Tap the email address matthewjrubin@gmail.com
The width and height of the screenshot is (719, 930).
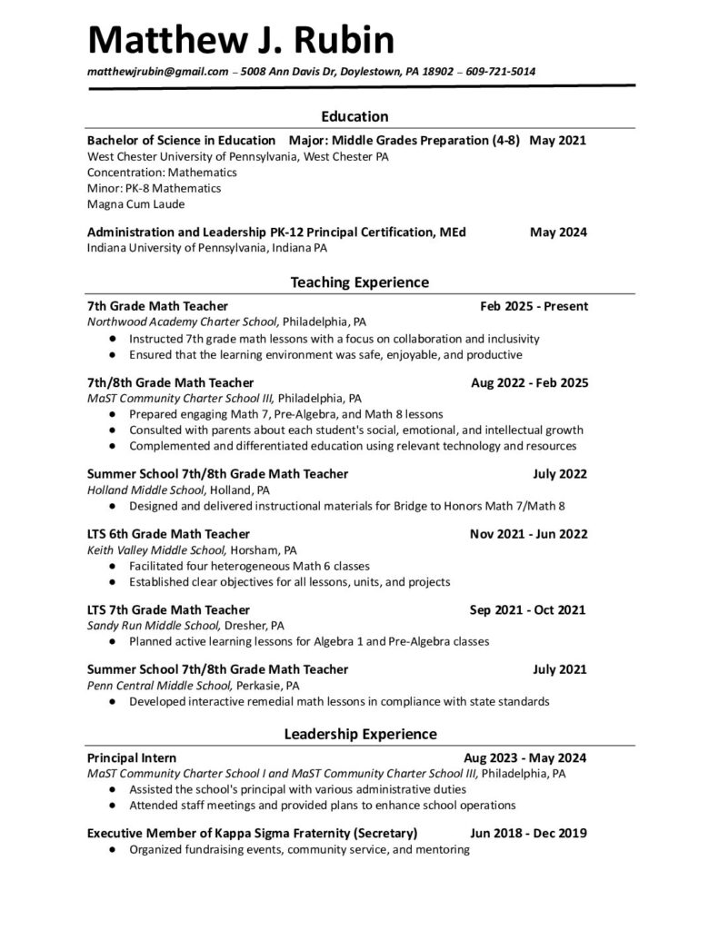coord(157,72)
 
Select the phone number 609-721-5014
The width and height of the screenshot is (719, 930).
coord(500,72)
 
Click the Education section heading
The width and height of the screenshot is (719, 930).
coord(355,116)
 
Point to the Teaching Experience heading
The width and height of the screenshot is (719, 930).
coord(359,282)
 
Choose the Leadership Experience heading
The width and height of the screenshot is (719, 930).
coord(360,734)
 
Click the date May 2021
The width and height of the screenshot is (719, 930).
coord(558,141)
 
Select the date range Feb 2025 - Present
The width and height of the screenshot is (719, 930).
coord(534,306)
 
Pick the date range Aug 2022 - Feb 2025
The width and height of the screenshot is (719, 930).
coord(529,382)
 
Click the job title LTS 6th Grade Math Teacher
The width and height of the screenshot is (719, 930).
coord(168,533)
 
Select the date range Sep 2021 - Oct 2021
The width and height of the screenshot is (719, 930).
coord(527,609)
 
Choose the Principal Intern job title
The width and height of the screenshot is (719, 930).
coord(132,757)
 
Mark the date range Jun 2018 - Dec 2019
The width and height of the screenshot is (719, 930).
coord(528,833)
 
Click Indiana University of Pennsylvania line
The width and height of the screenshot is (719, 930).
coord(207,247)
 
